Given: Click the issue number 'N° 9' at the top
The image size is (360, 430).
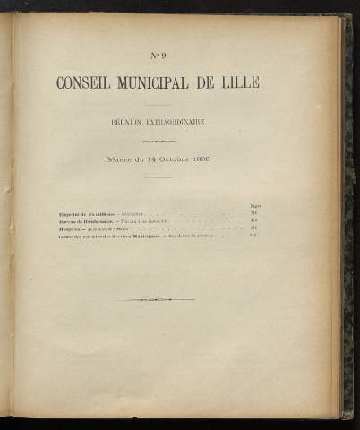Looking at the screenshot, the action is (x=158, y=56).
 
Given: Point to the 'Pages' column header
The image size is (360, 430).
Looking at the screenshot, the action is (x=253, y=207).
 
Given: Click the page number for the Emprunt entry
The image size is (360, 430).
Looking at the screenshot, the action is (x=253, y=214).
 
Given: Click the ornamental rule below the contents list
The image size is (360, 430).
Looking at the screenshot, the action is (x=157, y=299).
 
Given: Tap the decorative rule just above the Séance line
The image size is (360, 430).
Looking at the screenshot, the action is (x=158, y=141).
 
